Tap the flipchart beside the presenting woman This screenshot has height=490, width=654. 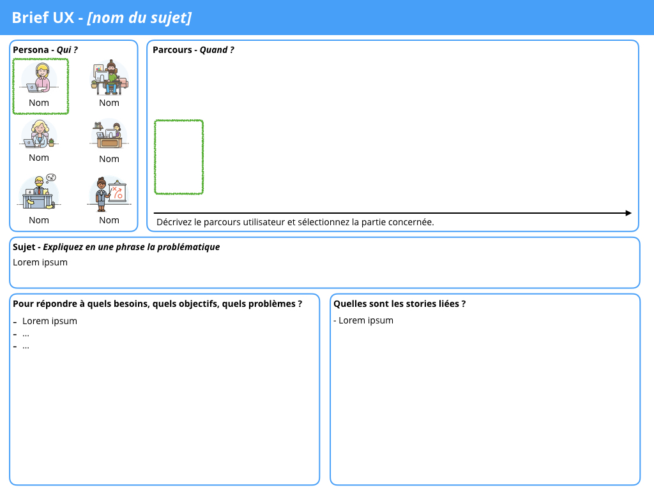pos(117,191)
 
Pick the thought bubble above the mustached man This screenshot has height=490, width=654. pos(51,177)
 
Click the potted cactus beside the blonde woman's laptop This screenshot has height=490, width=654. pos(51,142)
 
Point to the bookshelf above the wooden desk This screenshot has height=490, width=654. pos(98,126)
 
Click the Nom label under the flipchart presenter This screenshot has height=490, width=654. pos(109,220)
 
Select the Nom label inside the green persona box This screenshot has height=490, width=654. pos(39,103)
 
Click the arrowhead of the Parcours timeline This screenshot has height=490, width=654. pos(628,213)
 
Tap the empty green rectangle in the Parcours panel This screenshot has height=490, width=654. pos(155,157)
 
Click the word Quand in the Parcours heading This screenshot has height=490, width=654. pos(213,50)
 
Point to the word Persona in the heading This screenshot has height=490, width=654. pos(31,50)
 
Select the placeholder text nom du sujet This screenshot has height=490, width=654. pos(139,18)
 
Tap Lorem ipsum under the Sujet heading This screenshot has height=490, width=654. pos(40,262)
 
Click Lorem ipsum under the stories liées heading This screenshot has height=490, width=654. pos(366,320)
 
